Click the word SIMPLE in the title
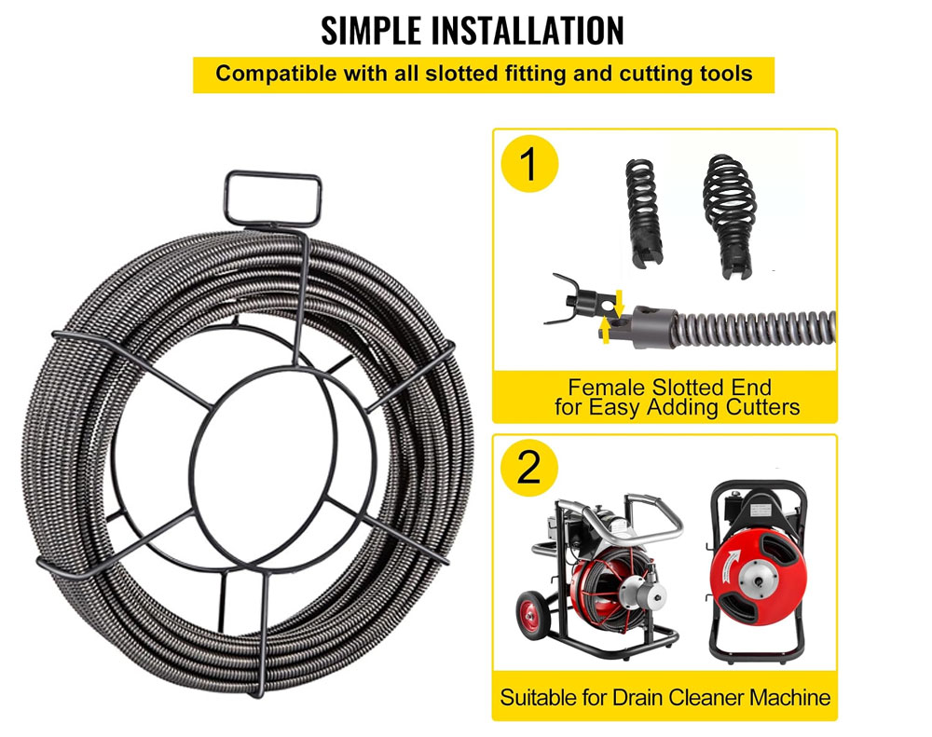[x=371, y=31]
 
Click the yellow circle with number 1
[x=529, y=163]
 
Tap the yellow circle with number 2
[x=529, y=467]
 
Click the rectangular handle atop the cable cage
[x=273, y=198]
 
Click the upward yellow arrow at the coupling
[x=606, y=330]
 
